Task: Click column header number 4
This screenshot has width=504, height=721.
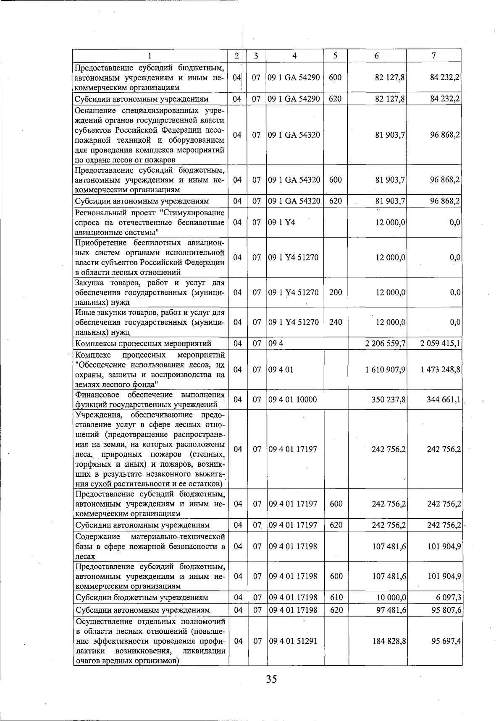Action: [294, 55]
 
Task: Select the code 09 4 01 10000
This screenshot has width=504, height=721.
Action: [293, 400]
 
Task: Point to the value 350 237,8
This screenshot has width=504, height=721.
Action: [388, 400]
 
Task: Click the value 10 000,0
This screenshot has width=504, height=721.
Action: [390, 597]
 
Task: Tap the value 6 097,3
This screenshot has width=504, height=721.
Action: [447, 597]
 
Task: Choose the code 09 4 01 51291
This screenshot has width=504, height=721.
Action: [293, 641]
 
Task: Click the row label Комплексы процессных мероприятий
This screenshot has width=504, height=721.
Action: [143, 344]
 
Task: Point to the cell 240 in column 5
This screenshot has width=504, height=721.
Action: [336, 322]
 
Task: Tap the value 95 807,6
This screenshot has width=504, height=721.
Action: [445, 610]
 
